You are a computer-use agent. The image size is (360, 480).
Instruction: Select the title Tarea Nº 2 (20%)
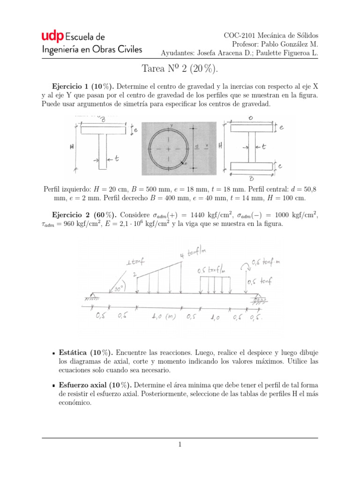(x=180, y=69)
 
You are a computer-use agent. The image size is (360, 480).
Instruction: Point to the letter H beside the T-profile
(x=72, y=147)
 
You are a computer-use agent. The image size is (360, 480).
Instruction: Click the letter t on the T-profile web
(x=116, y=159)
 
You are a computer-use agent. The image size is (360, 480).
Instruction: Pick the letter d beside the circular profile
(x=197, y=146)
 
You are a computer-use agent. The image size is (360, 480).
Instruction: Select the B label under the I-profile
(x=252, y=178)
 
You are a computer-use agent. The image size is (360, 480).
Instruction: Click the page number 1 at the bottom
(x=180, y=445)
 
